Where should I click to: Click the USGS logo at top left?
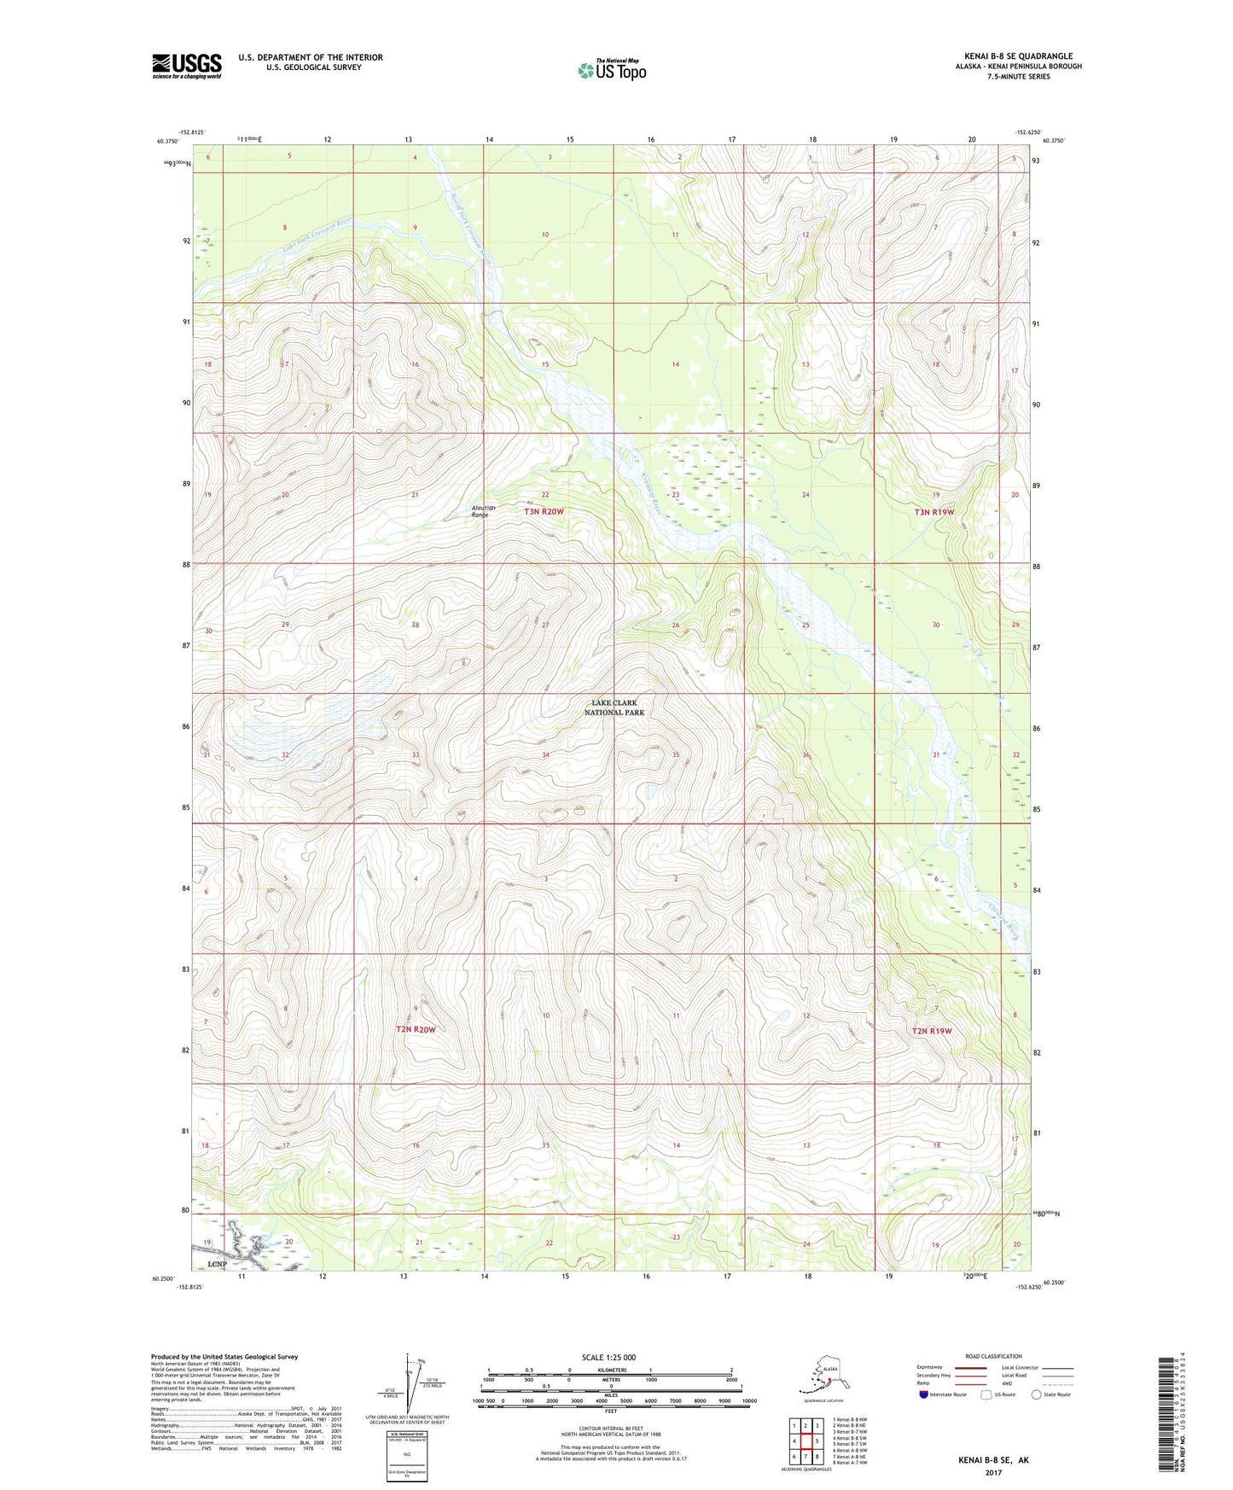point(186,66)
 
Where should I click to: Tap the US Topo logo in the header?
point(611,69)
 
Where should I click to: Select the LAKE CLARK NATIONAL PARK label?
point(614,707)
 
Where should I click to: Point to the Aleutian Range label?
point(483,511)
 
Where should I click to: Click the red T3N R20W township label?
point(544,511)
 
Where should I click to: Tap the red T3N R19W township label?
point(933,512)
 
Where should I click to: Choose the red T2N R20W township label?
point(415,1029)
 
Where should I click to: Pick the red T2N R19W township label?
point(932,1031)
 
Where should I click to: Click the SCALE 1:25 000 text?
point(609,1357)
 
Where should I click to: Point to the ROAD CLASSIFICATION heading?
point(992,1356)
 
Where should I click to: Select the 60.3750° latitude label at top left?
point(168,142)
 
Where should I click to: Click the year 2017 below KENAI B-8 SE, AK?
point(992,1472)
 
